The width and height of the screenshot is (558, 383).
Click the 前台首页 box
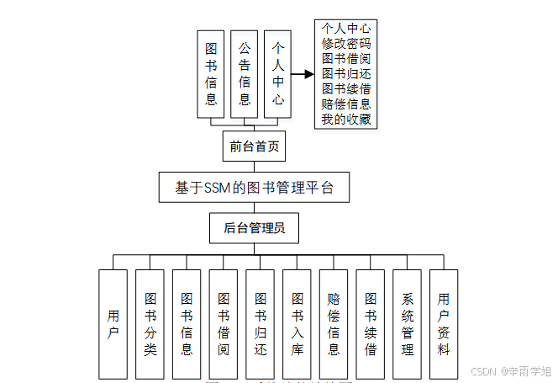[254, 146]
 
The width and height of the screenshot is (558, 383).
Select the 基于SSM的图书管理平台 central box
[254, 188]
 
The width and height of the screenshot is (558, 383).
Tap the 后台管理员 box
[254, 227]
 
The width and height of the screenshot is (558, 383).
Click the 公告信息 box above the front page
[245, 74]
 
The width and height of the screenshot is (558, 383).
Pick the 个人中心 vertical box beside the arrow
[278, 74]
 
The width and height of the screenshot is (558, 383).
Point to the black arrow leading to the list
[303, 74]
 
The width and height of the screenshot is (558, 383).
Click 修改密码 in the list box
[346, 44]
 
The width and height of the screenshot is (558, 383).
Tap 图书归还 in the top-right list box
[346, 74]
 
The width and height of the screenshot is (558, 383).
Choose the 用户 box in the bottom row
[113, 324]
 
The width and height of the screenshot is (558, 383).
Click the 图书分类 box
[150, 324]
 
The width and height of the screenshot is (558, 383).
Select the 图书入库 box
[297, 324]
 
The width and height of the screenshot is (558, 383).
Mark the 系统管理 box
[408, 324]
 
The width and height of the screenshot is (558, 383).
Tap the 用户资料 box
[444, 324]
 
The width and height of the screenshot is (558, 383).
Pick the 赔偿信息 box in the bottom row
[334, 324]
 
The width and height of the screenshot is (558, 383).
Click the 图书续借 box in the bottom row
[371, 324]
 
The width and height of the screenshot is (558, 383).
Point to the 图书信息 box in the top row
[211, 74]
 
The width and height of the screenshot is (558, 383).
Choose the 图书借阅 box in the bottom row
[224, 324]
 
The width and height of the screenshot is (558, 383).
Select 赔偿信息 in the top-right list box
[346, 104]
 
